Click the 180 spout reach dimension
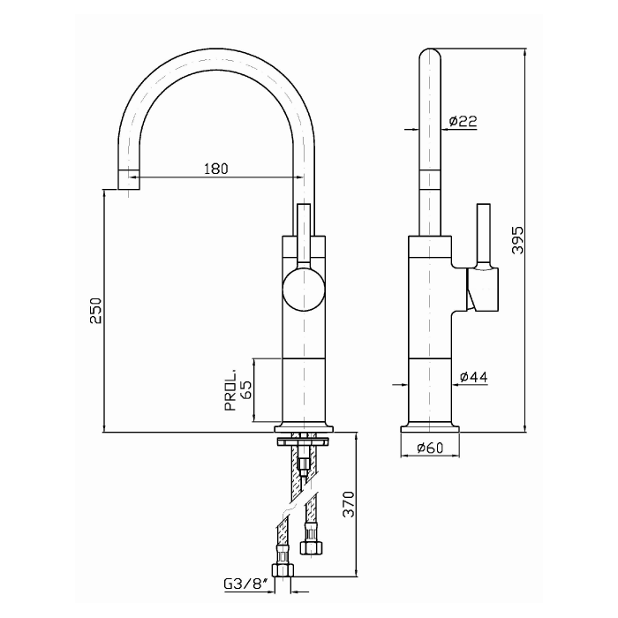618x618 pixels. (x=215, y=169)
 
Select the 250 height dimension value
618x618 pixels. (x=95, y=311)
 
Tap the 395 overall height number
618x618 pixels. (x=517, y=240)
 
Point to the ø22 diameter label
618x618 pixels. (x=463, y=121)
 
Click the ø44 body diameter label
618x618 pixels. (x=474, y=377)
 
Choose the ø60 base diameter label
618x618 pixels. (x=430, y=448)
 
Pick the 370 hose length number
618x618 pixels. (x=349, y=504)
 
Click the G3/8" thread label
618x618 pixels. (x=246, y=583)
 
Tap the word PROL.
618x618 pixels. (x=230, y=390)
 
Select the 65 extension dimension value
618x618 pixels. (x=245, y=390)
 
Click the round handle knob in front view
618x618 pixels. (x=304, y=289)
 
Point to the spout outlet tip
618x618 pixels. (x=129, y=179)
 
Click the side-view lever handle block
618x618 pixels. (x=482, y=289)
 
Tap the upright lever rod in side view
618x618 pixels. (x=484, y=234)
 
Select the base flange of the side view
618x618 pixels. (x=430, y=429)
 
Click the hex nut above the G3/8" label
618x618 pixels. (x=283, y=570)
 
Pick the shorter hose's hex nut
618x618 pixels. (x=312, y=547)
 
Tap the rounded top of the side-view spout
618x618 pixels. (x=430, y=55)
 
